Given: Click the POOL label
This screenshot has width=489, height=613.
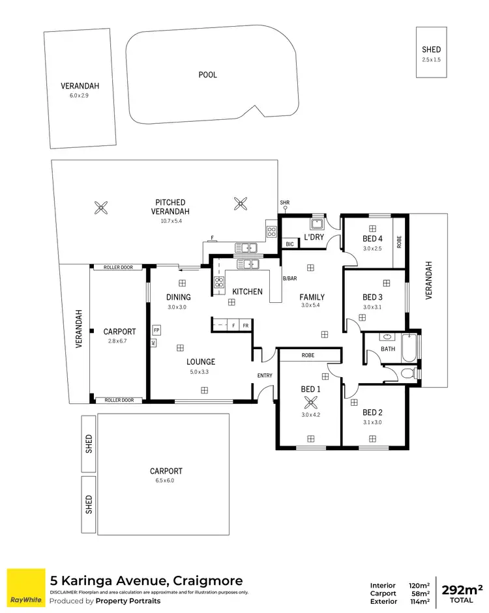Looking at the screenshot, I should point(207,75).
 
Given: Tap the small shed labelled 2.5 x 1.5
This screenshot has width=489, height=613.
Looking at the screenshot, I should point(431,53).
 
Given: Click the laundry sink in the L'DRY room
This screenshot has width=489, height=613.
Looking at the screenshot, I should point(317,225).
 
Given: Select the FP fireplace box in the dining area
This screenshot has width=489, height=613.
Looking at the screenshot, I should point(156,330).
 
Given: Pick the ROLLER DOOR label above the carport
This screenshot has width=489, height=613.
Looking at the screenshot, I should point(118,267).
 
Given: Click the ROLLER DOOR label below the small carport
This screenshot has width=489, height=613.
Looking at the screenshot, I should point(118,400).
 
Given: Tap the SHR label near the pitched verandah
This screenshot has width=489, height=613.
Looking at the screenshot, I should point(284,203).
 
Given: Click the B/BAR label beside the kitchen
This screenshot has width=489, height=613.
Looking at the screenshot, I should point(289,279).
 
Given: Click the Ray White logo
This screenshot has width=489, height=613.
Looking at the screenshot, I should point(24,586).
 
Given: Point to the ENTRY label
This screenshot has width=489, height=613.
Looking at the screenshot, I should point(265,375).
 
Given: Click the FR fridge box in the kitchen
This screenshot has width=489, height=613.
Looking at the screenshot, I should point(246,324).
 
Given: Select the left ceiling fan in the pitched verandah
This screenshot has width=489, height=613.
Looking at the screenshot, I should point(101,208).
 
